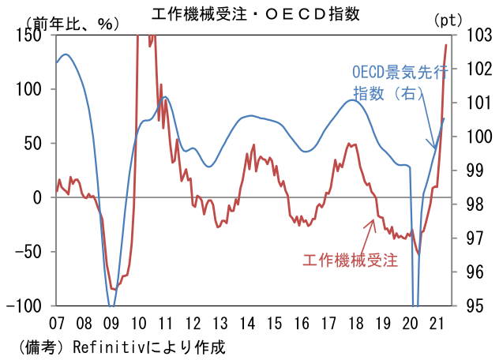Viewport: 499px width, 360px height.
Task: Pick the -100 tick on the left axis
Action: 28,306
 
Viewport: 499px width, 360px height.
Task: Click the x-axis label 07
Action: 57,323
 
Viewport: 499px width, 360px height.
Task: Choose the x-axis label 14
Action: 247,323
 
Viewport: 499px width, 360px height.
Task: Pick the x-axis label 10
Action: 138,323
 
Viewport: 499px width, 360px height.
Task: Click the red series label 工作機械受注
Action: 349,260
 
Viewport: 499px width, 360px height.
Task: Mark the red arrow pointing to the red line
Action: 368,234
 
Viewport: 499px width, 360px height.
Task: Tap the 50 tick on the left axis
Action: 36,144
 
